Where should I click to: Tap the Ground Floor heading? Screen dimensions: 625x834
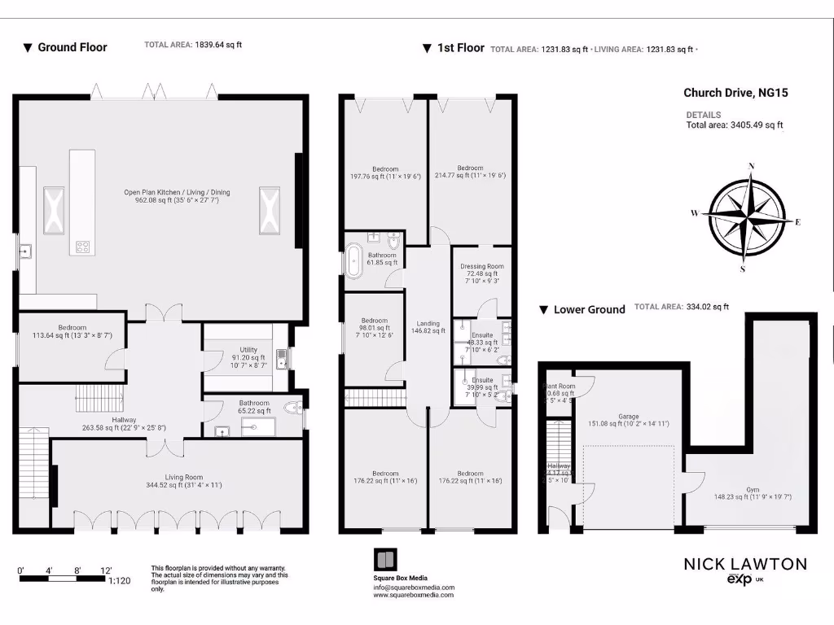point(72,47)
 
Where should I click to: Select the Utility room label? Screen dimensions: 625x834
point(248,356)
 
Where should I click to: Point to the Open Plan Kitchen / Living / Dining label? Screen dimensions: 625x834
point(177,196)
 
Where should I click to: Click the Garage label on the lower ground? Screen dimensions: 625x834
point(628,420)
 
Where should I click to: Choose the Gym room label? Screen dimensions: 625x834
point(741,493)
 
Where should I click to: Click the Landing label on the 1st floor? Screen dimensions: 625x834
point(428,326)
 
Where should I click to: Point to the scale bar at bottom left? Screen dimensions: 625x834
point(63,579)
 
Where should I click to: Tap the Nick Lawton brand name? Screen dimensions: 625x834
point(744,564)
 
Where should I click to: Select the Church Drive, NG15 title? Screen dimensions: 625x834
point(735,93)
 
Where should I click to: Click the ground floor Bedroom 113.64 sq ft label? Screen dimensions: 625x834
point(72,331)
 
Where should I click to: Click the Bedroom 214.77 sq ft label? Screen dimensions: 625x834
point(470,172)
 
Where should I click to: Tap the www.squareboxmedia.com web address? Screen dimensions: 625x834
point(414,596)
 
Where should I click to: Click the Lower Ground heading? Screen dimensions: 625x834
point(589,309)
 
